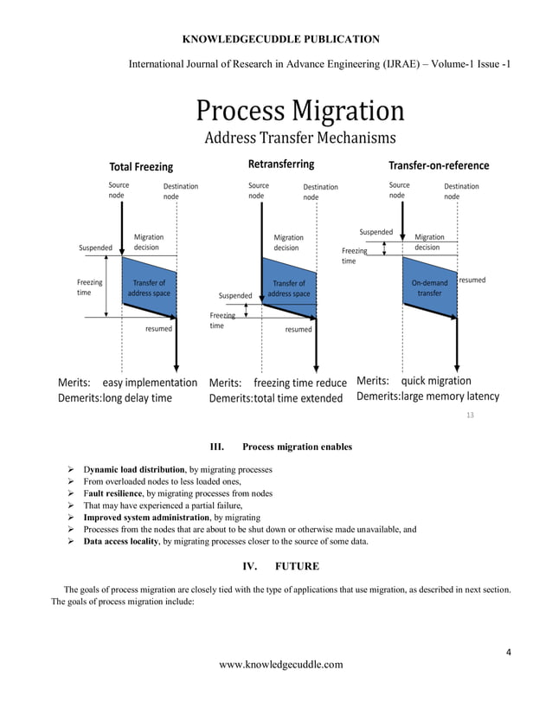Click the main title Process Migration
[299, 111]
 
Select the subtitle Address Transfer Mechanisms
[299, 138]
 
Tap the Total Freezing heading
[140, 166]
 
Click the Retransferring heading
[281, 164]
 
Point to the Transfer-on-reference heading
[438, 165]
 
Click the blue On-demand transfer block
[430, 287]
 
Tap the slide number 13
[471, 416]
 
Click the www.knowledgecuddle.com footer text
[281, 665]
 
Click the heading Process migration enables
[297, 448]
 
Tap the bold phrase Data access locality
[122, 541]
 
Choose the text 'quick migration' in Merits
[436, 381]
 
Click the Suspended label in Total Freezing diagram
[95, 248]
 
